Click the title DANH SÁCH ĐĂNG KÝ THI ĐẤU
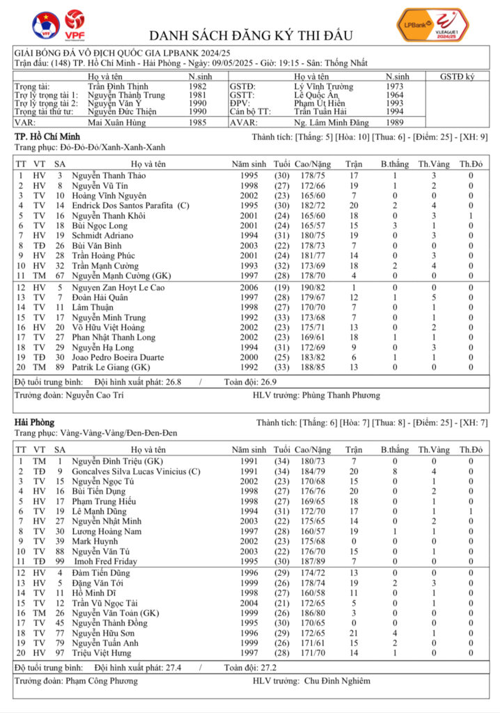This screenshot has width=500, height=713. click(251, 36)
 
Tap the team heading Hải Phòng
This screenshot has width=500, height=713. click(34, 422)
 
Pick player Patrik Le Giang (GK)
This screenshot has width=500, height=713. click(112, 367)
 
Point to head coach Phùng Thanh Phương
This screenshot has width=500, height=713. click(341, 395)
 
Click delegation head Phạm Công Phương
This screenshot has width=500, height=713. click(101, 681)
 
